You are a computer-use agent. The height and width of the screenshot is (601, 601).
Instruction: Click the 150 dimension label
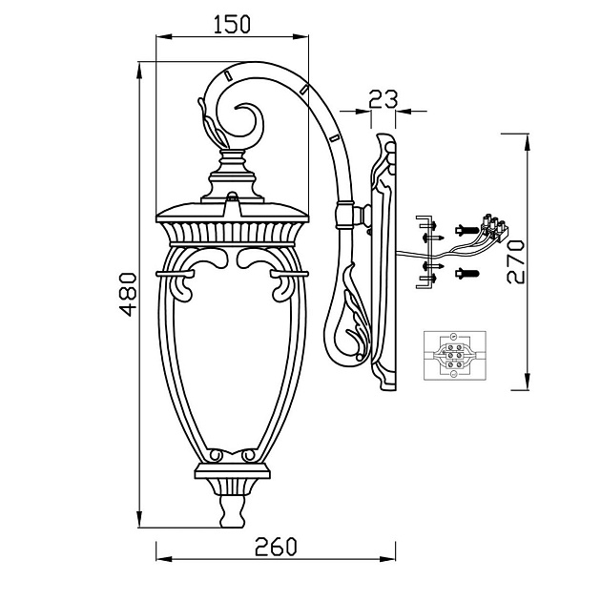232,24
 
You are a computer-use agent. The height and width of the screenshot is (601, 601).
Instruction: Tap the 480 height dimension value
128,294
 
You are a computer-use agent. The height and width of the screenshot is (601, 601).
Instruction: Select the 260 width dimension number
276,547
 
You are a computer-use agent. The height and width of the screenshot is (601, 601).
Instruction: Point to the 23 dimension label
383,99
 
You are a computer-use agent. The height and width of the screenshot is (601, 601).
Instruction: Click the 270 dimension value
515,261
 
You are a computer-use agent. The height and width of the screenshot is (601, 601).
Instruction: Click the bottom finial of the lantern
233,511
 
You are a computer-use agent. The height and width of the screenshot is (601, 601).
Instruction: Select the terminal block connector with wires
494,228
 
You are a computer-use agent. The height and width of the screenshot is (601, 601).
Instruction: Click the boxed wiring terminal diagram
455,356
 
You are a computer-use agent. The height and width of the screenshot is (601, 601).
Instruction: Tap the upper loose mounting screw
466,230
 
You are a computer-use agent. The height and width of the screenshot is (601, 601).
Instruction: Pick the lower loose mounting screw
466,273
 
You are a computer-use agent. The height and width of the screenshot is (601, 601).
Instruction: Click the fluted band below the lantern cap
233,232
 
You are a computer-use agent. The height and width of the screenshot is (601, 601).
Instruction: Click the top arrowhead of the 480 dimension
140,72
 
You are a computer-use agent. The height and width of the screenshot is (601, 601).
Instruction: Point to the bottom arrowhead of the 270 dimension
528,382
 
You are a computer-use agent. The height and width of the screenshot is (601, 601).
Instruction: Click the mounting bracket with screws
429,252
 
